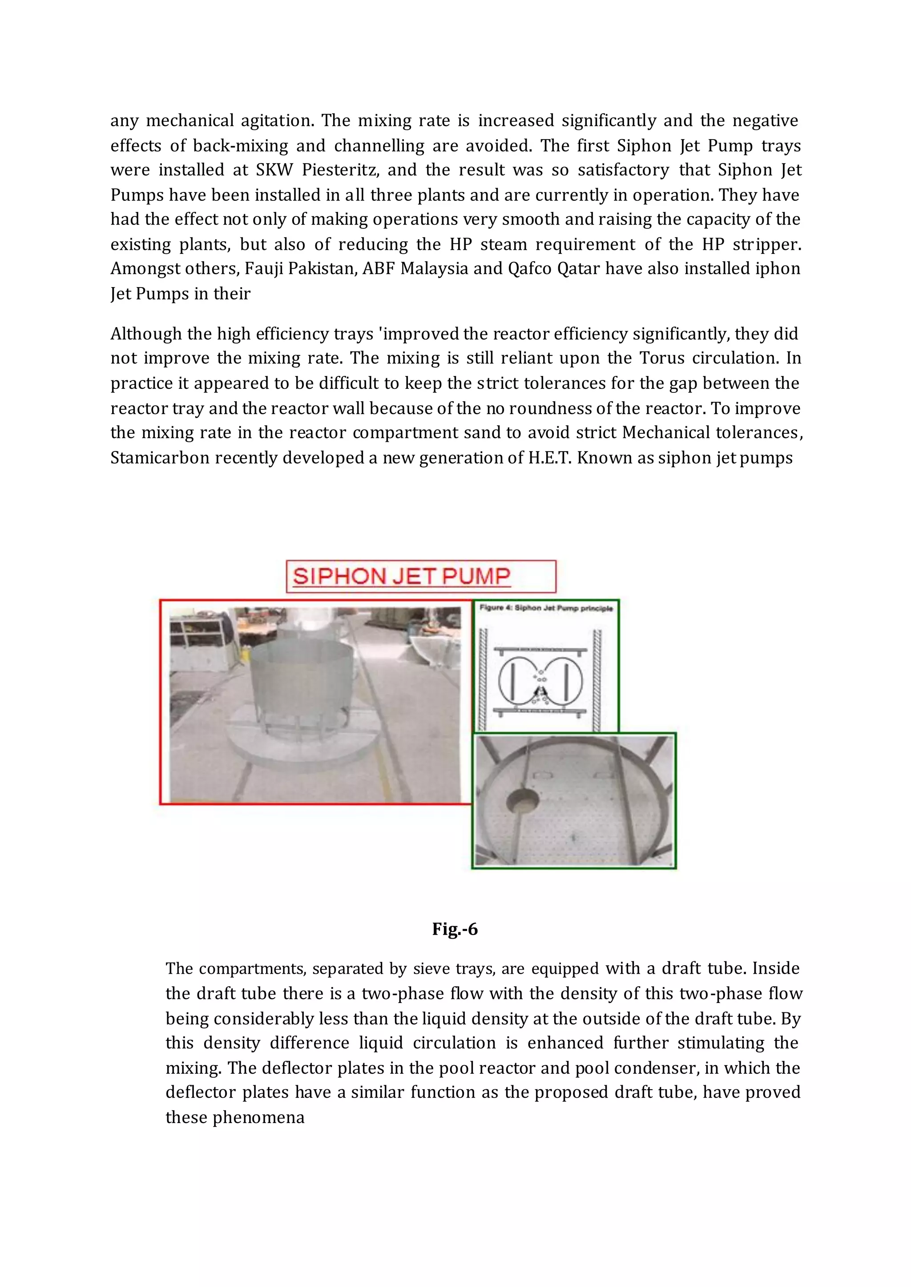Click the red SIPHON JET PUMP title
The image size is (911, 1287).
(402, 576)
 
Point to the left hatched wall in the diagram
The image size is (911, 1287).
(483, 678)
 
